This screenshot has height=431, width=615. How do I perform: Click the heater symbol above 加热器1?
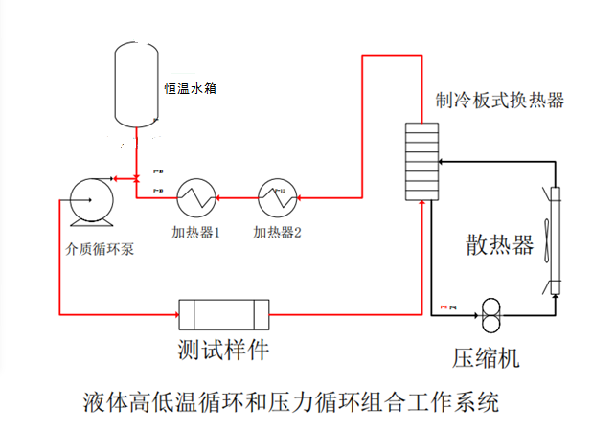(x=195, y=198)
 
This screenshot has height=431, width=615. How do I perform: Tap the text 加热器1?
(x=196, y=232)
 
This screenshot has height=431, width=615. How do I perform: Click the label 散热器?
(x=499, y=244)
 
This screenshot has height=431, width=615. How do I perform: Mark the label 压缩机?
(x=486, y=358)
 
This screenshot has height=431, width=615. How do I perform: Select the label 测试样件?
(x=223, y=349)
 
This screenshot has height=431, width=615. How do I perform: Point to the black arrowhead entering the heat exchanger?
(x=442, y=161)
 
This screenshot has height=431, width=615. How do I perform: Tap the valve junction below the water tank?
(x=137, y=178)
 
